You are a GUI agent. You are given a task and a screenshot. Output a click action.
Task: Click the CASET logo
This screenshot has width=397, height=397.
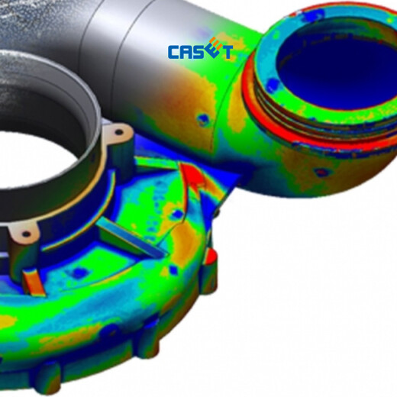(200, 49)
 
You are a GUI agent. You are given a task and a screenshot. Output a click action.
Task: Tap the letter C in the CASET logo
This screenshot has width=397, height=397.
(174, 52)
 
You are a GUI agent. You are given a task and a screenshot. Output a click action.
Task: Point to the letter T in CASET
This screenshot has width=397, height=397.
(227, 52)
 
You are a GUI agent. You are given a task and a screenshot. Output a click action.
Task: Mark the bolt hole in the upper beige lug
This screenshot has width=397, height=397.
(119, 132)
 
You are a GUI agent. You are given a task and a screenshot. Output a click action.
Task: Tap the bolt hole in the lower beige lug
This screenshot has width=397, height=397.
(26, 234)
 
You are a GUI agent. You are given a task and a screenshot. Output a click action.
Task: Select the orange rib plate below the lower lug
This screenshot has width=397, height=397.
(34, 282)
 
